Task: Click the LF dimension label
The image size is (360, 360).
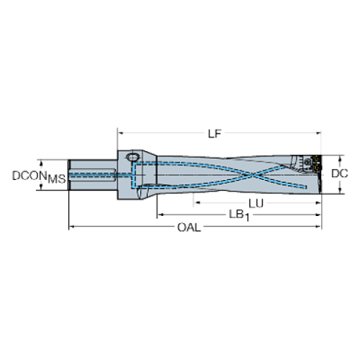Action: (x=215, y=134)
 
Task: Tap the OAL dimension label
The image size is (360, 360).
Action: (x=189, y=228)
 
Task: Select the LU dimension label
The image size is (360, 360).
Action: (x=256, y=204)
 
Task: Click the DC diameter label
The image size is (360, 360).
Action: (x=339, y=173)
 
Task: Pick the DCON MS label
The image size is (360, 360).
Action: (x=39, y=177)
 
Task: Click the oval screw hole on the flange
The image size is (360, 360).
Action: (x=133, y=156)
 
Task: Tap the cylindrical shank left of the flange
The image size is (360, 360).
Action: (x=93, y=175)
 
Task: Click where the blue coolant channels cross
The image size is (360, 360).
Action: (x=253, y=175)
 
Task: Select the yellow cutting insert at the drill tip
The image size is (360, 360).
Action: (x=317, y=164)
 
